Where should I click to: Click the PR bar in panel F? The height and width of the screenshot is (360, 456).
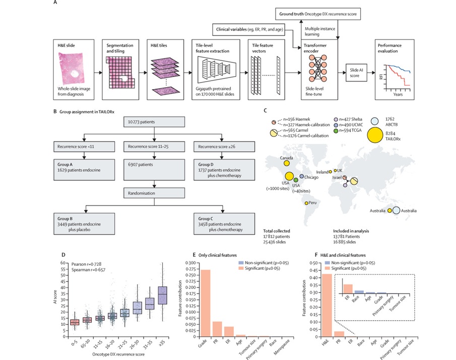pyautogui.click(x=339, y=333)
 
